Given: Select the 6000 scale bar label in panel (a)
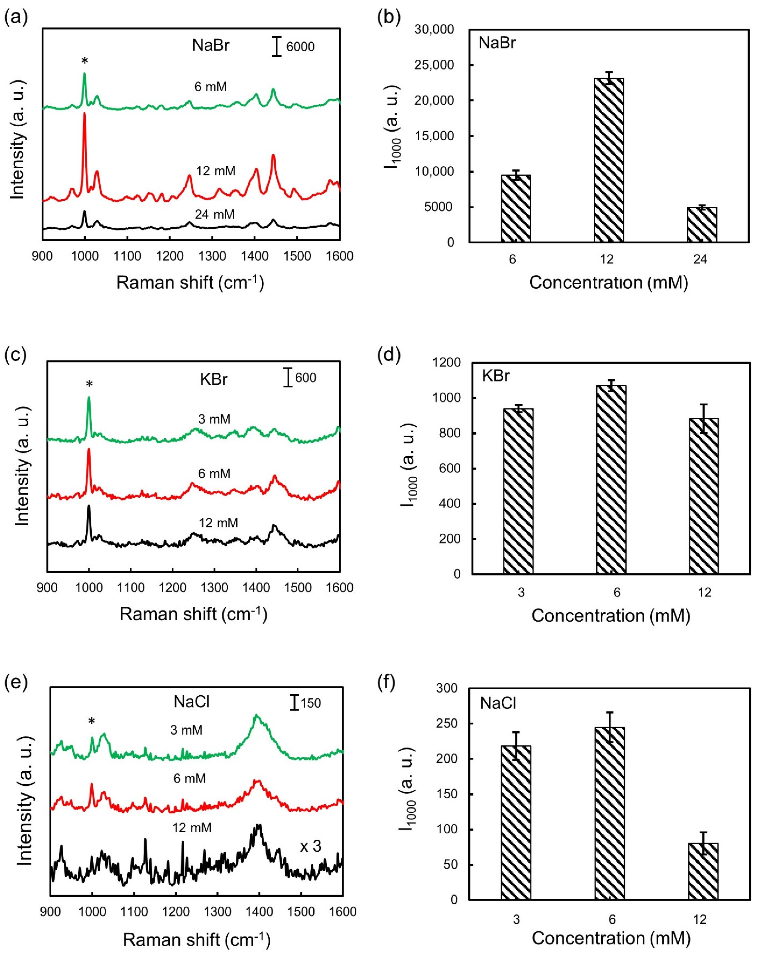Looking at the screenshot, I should tap(300, 47).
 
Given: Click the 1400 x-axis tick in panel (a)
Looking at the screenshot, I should tap(254, 256).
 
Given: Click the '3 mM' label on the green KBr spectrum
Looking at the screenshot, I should tap(214, 419).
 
